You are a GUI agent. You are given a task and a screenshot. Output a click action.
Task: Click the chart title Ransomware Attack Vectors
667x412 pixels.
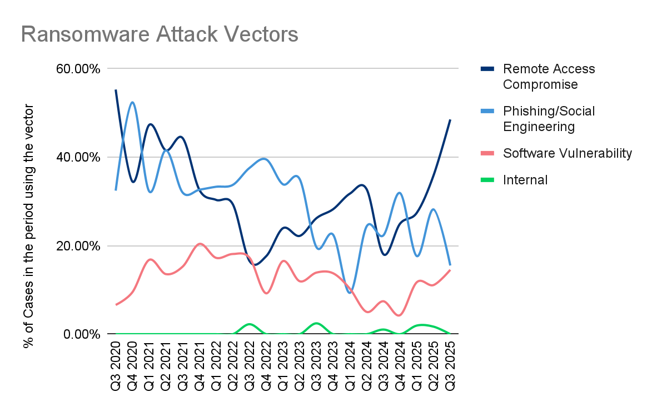[x=160, y=34]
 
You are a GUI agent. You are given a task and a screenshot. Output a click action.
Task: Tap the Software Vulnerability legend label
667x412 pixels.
[x=567, y=153]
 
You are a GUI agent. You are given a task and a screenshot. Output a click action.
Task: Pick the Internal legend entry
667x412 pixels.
[x=525, y=180]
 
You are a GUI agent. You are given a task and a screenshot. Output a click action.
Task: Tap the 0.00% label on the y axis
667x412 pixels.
[x=82, y=334]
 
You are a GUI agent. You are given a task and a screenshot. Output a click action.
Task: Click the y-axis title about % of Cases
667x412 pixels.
[x=29, y=225]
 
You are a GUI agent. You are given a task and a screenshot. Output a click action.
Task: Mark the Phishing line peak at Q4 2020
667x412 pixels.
[x=132, y=103]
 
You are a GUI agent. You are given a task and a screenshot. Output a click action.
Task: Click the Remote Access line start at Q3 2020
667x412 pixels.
[x=116, y=90]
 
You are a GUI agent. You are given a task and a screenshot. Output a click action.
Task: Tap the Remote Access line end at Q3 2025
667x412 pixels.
[x=450, y=120]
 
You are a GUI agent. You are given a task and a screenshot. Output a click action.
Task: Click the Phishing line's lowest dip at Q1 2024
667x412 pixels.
[x=350, y=292]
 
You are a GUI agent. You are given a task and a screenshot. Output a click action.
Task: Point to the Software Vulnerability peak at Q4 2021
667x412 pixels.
[x=200, y=244]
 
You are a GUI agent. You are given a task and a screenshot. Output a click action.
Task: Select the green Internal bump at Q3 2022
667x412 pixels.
[x=250, y=324]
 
